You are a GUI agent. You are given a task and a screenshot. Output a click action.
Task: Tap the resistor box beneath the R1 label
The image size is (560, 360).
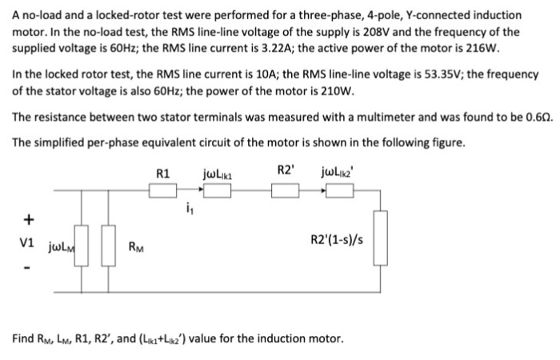pyautogui.click(x=165, y=190)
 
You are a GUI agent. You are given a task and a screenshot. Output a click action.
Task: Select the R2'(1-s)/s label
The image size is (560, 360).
pyautogui.click(x=339, y=240)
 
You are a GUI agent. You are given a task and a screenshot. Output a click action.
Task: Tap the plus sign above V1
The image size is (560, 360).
pyautogui.click(x=30, y=218)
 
